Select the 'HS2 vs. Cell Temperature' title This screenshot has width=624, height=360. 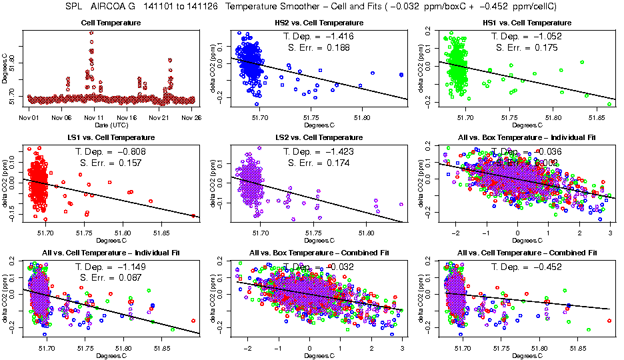(x=315, y=23)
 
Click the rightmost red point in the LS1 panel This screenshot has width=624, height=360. (x=193, y=215)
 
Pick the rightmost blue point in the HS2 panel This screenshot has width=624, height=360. (x=401, y=75)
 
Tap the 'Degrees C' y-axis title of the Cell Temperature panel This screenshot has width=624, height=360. (x=5, y=67)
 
